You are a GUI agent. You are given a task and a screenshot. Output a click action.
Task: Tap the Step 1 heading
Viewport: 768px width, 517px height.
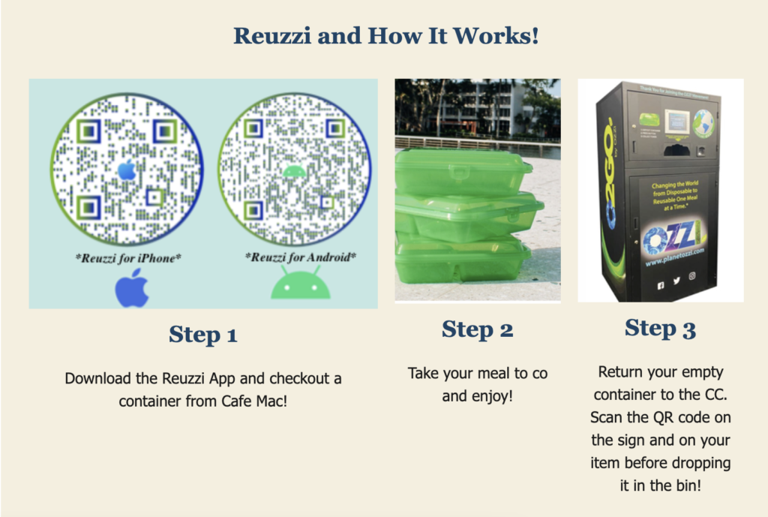(x=203, y=334)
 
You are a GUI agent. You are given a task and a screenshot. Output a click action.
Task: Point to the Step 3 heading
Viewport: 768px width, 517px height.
(x=660, y=328)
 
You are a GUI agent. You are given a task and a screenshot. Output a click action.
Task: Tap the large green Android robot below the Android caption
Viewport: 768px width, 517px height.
(x=300, y=287)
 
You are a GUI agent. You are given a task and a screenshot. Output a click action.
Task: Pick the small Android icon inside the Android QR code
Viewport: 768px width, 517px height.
(x=295, y=172)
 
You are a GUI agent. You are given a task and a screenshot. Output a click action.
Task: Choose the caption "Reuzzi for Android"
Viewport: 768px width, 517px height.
(x=301, y=257)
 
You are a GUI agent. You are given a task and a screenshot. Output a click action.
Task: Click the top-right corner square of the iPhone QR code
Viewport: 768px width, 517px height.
(x=164, y=131)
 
